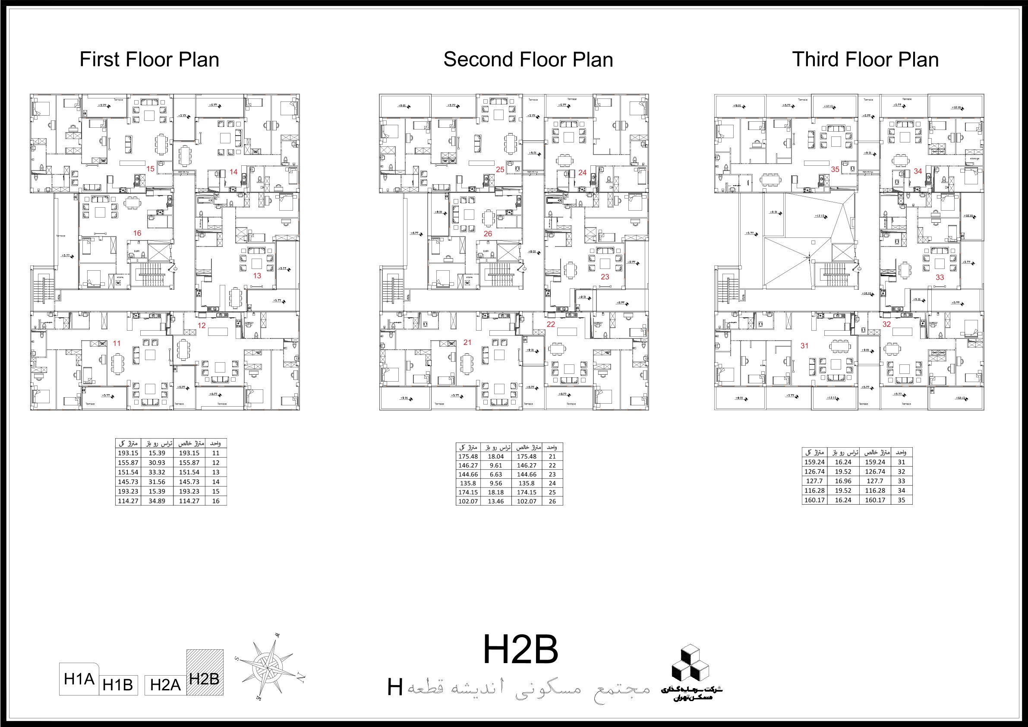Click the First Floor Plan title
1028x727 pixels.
click(149, 60)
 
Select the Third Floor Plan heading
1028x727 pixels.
click(865, 60)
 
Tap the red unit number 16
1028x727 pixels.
click(137, 233)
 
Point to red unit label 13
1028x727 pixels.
click(257, 275)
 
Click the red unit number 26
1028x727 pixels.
click(488, 234)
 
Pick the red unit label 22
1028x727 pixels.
click(551, 324)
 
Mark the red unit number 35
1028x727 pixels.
click(835, 169)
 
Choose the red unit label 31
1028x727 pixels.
click(804, 345)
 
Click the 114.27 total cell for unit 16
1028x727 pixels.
click(128, 501)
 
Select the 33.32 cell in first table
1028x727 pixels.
click(157, 472)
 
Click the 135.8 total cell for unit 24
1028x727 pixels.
click(468, 484)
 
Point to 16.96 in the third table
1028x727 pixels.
click(843, 481)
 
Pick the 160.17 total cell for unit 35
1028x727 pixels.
click(814, 500)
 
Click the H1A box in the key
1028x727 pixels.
click(79, 679)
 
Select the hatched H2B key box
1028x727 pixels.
click(205, 672)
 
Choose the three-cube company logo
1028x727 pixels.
click(690, 663)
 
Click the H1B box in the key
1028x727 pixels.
click(118, 685)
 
